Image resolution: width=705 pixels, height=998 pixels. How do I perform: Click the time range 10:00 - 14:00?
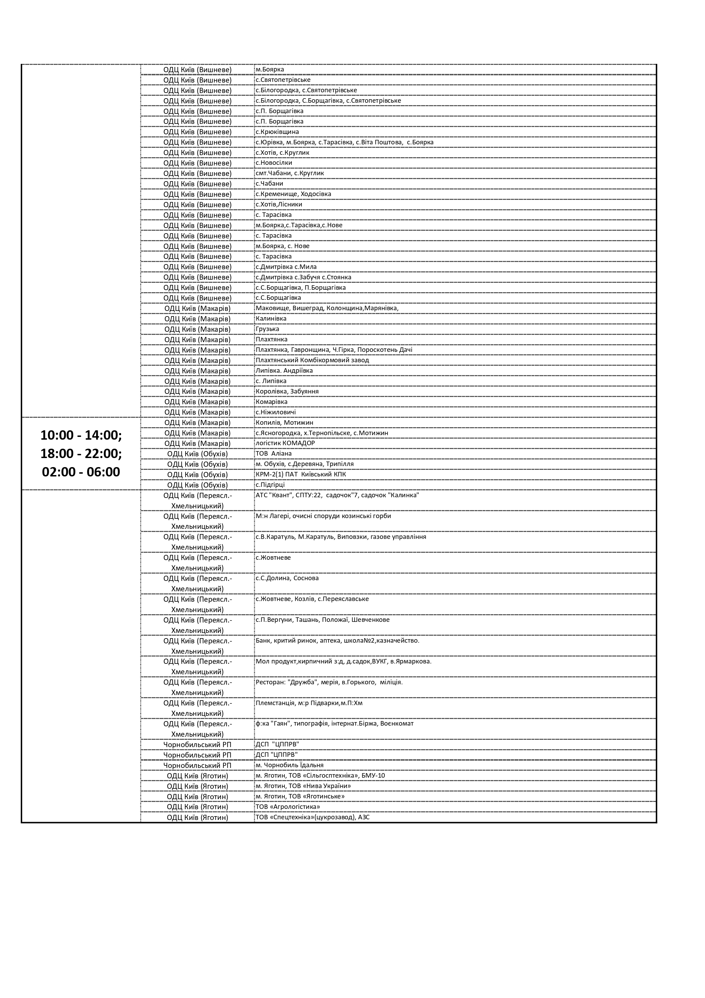[81, 435]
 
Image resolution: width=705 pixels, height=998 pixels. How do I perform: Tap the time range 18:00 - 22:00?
[81, 453]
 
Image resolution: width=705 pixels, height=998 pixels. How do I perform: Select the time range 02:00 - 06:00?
[81, 472]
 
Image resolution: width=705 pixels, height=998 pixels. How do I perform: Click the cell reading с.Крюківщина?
[277, 132]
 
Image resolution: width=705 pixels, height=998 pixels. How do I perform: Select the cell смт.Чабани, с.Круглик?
[289, 174]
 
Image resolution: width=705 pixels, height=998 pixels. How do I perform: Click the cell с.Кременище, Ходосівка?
[294, 194]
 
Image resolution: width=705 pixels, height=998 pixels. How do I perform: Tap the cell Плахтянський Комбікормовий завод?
[312, 360]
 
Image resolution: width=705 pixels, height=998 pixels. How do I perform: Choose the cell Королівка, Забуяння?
[287, 392]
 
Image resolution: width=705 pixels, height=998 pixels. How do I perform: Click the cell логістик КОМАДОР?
[285, 443]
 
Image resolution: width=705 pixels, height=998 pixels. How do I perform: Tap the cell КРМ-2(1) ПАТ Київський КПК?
[301, 475]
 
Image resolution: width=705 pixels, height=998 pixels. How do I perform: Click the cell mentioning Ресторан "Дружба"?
[329, 683]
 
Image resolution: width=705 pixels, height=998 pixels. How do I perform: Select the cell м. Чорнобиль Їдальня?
[289, 766]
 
